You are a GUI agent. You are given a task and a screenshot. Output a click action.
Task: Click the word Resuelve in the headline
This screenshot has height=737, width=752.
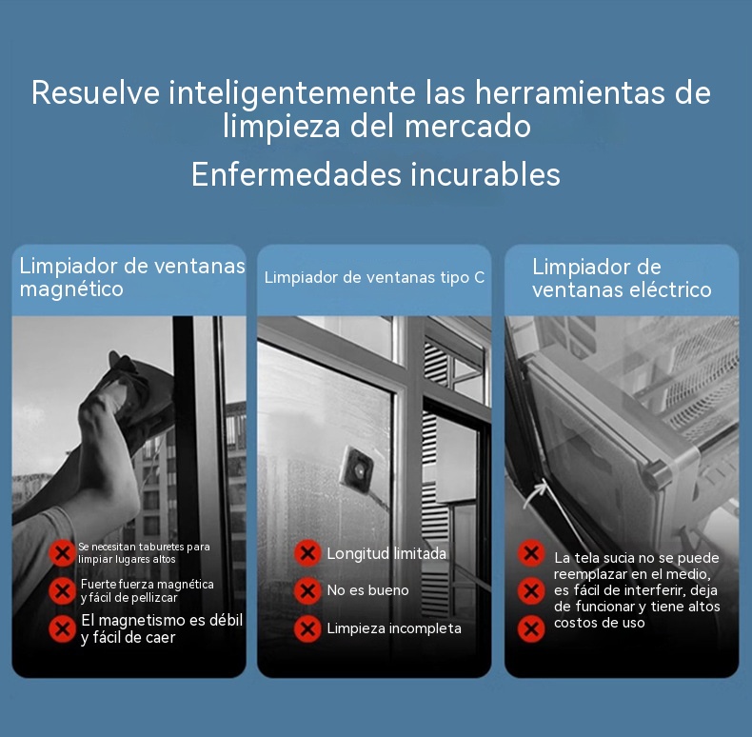pyautogui.click(x=96, y=92)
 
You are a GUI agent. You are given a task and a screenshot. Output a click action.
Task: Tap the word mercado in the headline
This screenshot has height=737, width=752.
pyautogui.click(x=467, y=127)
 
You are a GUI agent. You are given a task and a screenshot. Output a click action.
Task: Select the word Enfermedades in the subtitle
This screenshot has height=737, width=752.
pyautogui.click(x=296, y=173)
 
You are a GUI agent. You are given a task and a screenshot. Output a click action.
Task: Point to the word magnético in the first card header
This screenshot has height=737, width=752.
pyautogui.click(x=71, y=289)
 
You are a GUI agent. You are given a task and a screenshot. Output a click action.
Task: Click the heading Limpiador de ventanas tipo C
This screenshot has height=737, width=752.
pyautogui.click(x=374, y=277)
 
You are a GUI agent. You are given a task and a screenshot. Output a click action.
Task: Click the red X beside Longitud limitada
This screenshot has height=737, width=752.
pyautogui.click(x=307, y=553)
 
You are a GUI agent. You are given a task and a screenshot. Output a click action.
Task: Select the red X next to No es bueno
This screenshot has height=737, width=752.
pyautogui.click(x=307, y=590)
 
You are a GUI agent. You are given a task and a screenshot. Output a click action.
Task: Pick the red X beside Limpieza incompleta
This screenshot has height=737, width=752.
pyautogui.click(x=307, y=628)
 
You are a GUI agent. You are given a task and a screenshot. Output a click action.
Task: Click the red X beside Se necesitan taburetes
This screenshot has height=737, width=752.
pyautogui.click(x=62, y=553)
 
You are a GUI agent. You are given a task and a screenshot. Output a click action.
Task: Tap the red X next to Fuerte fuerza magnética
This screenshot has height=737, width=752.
pyautogui.click(x=62, y=590)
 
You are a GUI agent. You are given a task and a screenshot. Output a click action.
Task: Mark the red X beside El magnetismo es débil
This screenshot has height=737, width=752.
pyautogui.click(x=62, y=628)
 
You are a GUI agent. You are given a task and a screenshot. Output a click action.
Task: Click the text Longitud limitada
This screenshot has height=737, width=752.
pyautogui.click(x=386, y=554)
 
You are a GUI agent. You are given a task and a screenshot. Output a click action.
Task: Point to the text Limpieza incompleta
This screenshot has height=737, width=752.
pyautogui.click(x=394, y=628)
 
